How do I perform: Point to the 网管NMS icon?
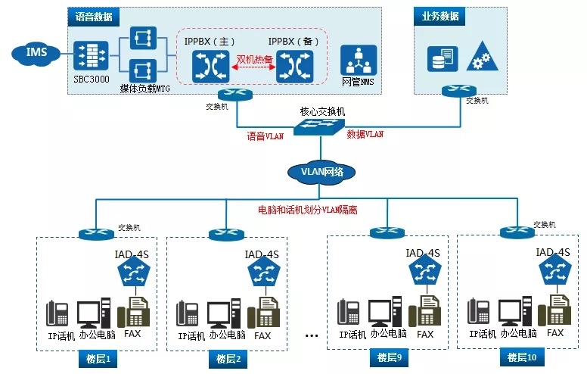tap(358, 60)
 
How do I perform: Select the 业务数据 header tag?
tap(439, 15)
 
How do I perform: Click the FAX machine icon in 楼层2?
tap(262, 311)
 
